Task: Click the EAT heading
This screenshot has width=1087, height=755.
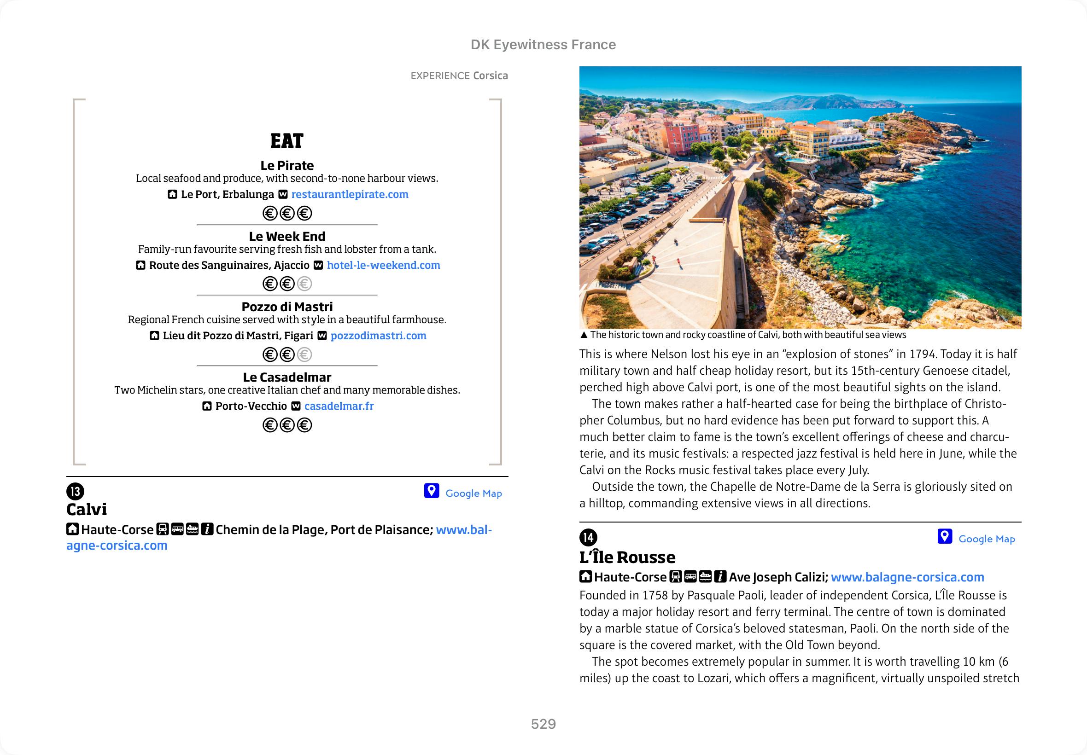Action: click(x=287, y=141)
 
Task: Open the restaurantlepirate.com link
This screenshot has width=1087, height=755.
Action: click(x=350, y=194)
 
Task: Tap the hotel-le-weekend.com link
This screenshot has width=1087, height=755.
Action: click(x=383, y=265)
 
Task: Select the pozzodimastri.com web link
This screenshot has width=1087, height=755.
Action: click(x=378, y=336)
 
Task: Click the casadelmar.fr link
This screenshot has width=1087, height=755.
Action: click(x=339, y=407)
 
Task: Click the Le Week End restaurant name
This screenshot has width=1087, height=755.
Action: click(x=287, y=236)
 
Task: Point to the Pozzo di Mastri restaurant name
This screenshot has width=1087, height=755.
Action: click(x=287, y=307)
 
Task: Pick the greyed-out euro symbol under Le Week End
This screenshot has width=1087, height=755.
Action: click(x=304, y=284)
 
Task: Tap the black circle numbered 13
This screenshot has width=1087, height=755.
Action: click(x=75, y=492)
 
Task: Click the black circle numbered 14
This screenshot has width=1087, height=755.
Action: click(x=588, y=537)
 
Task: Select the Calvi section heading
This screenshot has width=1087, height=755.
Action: click(x=87, y=510)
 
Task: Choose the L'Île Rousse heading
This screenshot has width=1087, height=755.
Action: click(x=627, y=557)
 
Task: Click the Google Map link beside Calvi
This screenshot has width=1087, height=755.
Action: click(x=473, y=494)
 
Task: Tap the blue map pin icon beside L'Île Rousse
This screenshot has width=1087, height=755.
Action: click(x=945, y=536)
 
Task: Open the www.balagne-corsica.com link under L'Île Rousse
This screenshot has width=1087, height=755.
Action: click(x=907, y=577)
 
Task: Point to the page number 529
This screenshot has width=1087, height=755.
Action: click(x=543, y=724)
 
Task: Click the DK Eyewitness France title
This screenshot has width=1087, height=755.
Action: click(x=543, y=45)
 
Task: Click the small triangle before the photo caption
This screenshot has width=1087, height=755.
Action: click(x=584, y=335)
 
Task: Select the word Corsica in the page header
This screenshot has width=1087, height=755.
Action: click(x=490, y=75)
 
